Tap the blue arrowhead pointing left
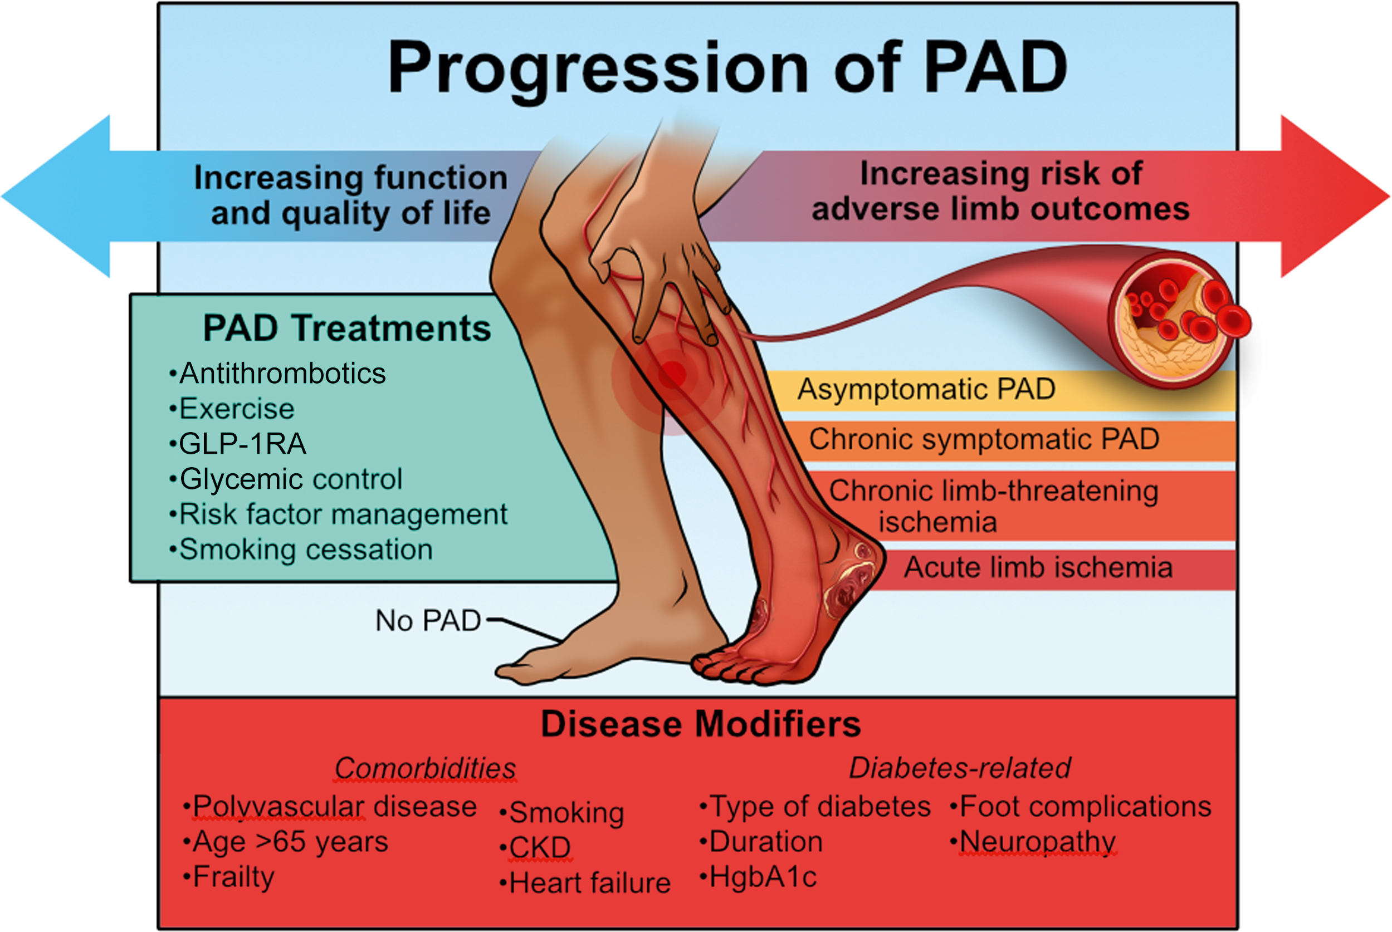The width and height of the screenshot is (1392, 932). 60,196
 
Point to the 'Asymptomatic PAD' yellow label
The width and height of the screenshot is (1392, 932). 926,390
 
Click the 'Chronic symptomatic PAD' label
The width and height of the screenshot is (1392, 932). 984,440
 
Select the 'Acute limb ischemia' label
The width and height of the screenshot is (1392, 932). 1038,568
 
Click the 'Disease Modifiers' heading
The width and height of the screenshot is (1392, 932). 701,724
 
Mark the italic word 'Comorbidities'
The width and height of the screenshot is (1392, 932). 425,768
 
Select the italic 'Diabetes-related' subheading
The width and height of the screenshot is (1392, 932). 960,768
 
